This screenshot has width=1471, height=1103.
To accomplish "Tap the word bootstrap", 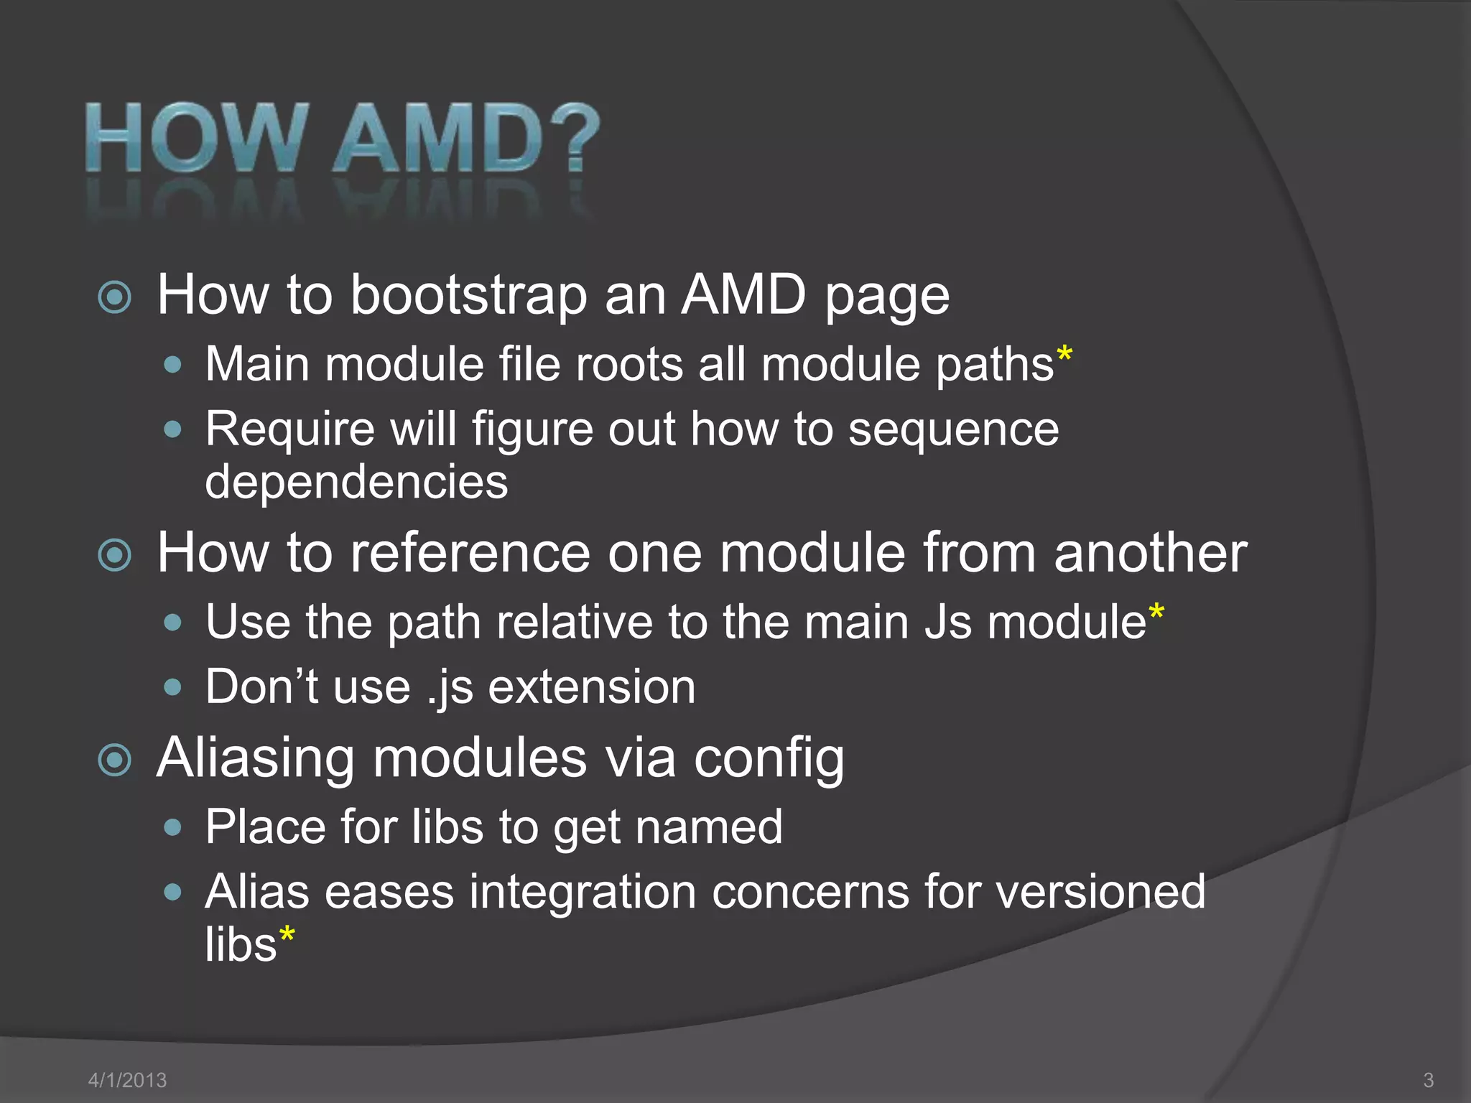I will pyautogui.click(x=468, y=295).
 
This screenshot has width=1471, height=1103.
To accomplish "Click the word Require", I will pyautogui.click(x=290, y=429).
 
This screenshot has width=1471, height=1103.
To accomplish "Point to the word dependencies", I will pyautogui.click(x=356, y=482).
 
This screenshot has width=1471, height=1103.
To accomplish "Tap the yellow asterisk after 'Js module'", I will pyautogui.click(x=1156, y=613).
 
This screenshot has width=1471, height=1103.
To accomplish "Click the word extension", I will pyautogui.click(x=592, y=687).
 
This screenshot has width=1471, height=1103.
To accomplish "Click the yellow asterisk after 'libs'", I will pyautogui.click(x=287, y=934).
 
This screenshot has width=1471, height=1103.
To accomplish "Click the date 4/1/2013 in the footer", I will pyautogui.click(x=127, y=1079).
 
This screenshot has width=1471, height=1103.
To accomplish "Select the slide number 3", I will pyautogui.click(x=1428, y=1079).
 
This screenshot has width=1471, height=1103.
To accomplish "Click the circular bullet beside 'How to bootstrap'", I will pyautogui.click(x=115, y=297).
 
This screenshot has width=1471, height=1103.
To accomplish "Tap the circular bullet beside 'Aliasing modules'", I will pyautogui.click(x=115, y=760).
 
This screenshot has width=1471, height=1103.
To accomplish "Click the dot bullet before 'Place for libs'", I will pyautogui.click(x=172, y=827).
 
